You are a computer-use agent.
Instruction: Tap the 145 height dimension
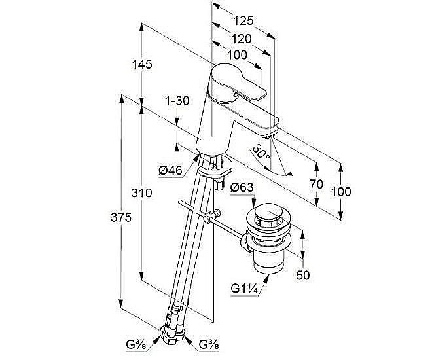[x=141, y=64]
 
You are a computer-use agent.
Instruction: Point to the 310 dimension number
[x=142, y=193]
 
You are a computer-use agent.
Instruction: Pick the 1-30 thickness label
[x=177, y=100]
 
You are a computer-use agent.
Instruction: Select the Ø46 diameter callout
[x=170, y=171]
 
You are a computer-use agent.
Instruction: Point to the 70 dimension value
[x=316, y=185]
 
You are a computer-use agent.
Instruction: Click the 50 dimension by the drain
[x=302, y=275]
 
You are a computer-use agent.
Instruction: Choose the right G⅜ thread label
[x=208, y=345]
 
